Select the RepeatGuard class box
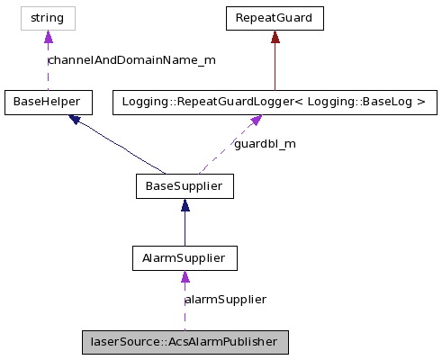[x=274, y=17]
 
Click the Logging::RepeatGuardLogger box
[x=274, y=103]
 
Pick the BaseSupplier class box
[x=184, y=186]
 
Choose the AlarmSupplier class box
[x=184, y=259]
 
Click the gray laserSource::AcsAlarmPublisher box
[x=185, y=343]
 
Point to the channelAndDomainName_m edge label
[x=131, y=60]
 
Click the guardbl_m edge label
[x=265, y=144]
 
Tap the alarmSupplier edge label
[x=225, y=299]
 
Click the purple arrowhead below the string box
[x=48, y=37]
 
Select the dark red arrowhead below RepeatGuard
[x=274, y=36]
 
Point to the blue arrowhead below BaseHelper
[x=77, y=120]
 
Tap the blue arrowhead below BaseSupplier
[x=184, y=206]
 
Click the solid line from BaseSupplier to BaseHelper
[x=122, y=147]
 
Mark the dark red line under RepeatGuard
[x=274, y=67]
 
